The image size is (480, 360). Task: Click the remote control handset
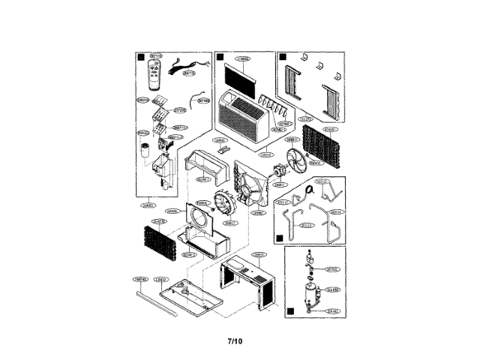pyautogui.click(x=156, y=73)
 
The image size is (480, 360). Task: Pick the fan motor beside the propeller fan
pyautogui.click(x=280, y=171)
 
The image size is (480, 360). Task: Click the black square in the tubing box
pyautogui.click(x=279, y=235)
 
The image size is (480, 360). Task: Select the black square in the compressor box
pyautogui.click(x=290, y=307)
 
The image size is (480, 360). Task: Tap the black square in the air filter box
pyautogui.click(x=219, y=56)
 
